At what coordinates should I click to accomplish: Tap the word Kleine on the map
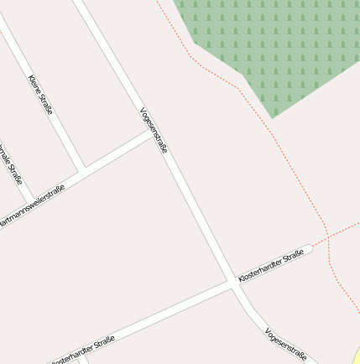(x=35, y=83)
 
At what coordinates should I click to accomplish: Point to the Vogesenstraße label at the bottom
(x=284, y=345)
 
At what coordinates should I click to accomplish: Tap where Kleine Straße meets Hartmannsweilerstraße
(x=84, y=169)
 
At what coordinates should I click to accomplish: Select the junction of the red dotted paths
(x=326, y=237)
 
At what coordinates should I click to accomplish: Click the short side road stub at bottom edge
(x=81, y=358)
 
